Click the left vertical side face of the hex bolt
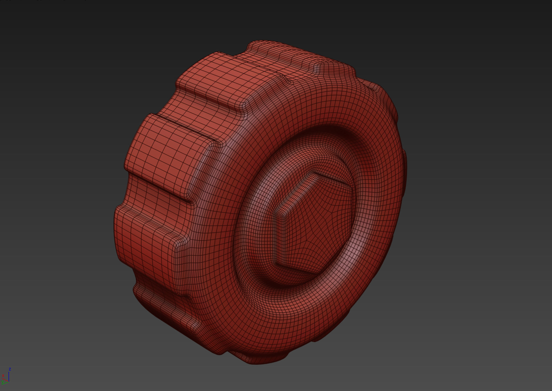pos(279,238)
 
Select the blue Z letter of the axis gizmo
pos(10,369)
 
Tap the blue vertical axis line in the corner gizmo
pos(9,376)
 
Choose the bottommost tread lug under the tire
pos(259,358)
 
